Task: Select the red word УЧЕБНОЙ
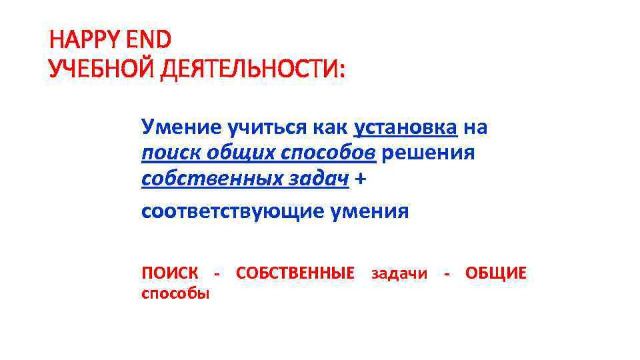tap(98, 69)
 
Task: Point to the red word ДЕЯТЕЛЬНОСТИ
tap(249, 69)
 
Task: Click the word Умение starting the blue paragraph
tap(177, 126)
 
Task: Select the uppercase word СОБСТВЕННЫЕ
tap(295, 273)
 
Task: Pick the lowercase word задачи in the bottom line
tap(399, 273)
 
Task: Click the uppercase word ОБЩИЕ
tap(495, 273)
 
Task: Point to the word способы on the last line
tap(175, 293)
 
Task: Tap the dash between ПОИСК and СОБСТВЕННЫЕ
tap(216, 273)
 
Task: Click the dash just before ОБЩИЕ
tap(447, 273)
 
